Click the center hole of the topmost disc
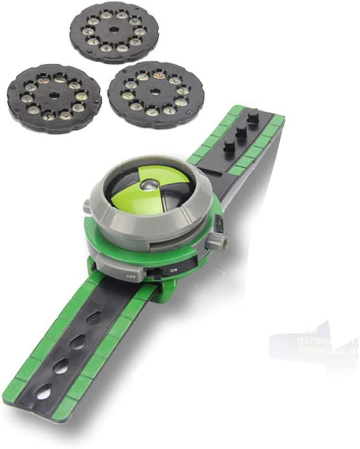point(114,31)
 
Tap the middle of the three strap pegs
point(241,132)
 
